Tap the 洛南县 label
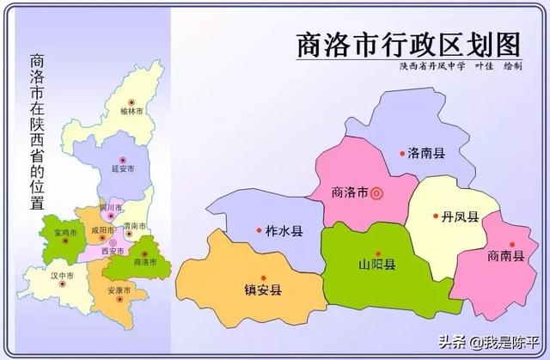(x=427, y=154)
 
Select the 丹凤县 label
(x=461, y=217)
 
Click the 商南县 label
(x=504, y=254)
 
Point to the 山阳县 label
(x=377, y=265)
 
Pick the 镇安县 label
(x=263, y=290)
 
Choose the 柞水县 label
(x=284, y=231)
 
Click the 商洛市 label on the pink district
(x=350, y=192)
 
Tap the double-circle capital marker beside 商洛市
(x=376, y=192)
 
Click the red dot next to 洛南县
(x=401, y=154)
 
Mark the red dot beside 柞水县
(x=259, y=229)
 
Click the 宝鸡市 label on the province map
(x=66, y=232)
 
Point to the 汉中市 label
(x=61, y=275)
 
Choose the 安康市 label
(x=120, y=290)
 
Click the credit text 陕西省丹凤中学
(x=430, y=67)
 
